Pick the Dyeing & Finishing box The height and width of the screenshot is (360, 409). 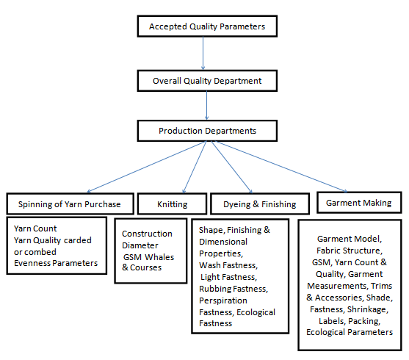click(253, 204)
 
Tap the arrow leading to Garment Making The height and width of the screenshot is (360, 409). click(279, 167)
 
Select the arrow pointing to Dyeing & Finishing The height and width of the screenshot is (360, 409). click(221, 168)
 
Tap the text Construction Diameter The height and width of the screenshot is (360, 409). click(148, 240)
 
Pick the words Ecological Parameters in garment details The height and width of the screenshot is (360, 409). click(350, 331)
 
